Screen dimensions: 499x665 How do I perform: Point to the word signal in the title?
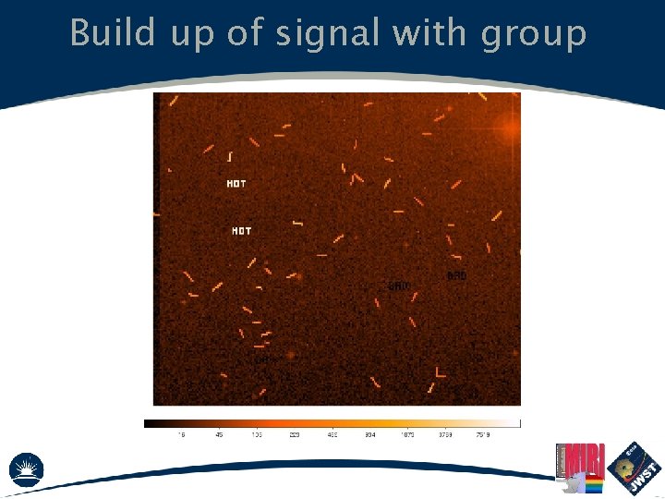[x=321, y=35]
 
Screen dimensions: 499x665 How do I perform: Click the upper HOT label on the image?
[x=236, y=184]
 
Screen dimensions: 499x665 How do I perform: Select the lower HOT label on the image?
[x=241, y=231]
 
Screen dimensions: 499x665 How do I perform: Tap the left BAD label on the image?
[x=399, y=286]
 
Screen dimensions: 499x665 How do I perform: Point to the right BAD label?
[x=456, y=276]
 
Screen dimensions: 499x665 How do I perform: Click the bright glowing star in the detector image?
[x=509, y=130]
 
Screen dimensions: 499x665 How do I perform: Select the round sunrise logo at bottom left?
[x=26, y=469]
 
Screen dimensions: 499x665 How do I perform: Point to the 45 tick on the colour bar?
[x=219, y=435]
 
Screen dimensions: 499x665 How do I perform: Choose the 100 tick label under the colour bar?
[x=256, y=435]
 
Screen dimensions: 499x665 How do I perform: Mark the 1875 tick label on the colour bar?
[x=406, y=435]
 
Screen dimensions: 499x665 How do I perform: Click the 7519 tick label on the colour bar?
[x=482, y=435]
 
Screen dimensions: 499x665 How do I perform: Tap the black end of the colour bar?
[x=149, y=423]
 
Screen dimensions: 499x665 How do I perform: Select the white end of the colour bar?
[x=516, y=423]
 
